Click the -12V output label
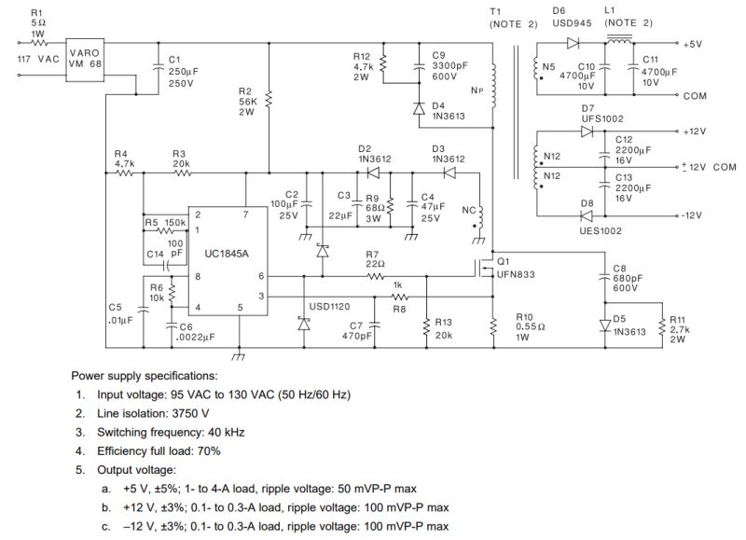pyautogui.click(x=696, y=215)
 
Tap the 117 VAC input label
pyautogui.click(x=39, y=59)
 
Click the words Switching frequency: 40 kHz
pyautogui.click(x=164, y=432)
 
